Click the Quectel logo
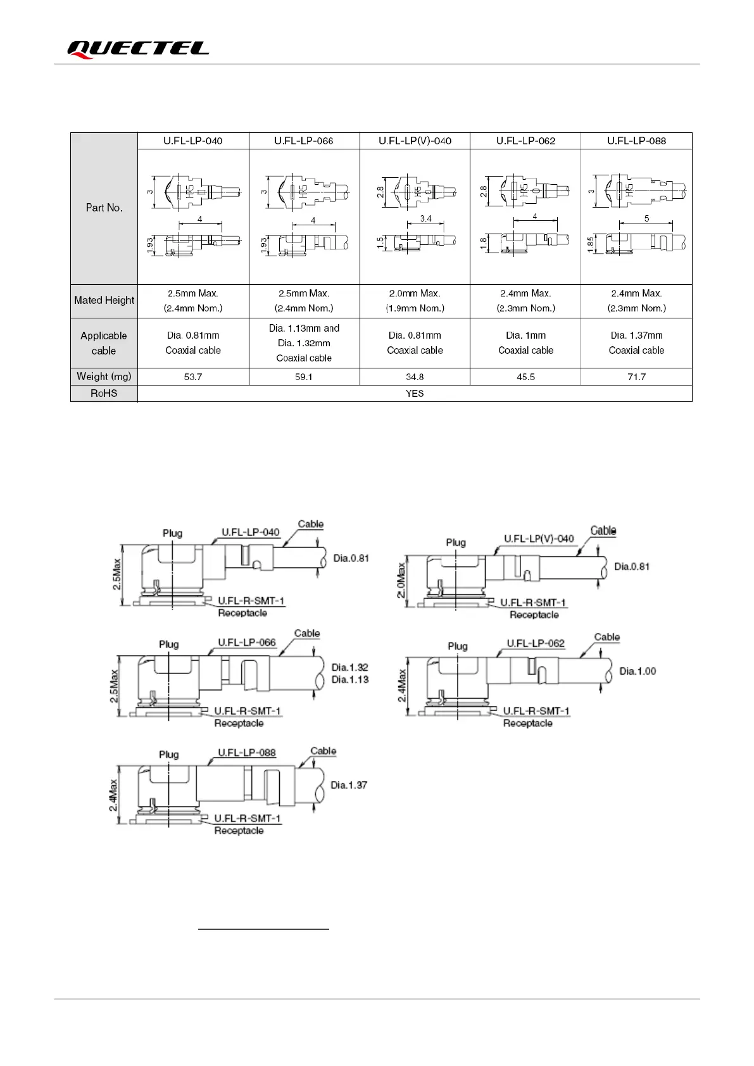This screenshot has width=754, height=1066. click(138, 49)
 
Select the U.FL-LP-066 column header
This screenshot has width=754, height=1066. click(304, 141)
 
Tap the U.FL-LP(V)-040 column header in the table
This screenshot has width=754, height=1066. click(415, 141)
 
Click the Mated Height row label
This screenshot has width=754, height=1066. click(104, 300)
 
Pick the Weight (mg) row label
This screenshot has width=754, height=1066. click(104, 376)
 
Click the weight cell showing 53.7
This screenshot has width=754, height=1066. click(193, 377)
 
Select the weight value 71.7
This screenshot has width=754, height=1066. click(636, 377)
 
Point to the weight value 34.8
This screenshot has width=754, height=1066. click(415, 377)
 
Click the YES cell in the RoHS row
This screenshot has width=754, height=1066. click(415, 393)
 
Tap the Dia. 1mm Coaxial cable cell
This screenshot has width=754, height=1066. click(525, 342)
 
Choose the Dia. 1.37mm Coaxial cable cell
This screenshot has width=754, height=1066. click(636, 342)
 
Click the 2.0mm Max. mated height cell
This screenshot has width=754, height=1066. click(415, 301)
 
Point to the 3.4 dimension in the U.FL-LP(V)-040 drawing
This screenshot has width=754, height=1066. click(425, 218)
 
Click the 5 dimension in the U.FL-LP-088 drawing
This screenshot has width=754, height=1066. click(646, 218)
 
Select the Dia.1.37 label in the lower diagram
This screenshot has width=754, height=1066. click(349, 785)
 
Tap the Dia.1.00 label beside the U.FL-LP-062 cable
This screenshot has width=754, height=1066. click(638, 671)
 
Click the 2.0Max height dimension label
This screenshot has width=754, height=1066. click(401, 580)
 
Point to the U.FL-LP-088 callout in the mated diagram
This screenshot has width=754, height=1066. click(247, 753)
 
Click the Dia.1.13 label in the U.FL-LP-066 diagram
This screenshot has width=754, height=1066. click(350, 679)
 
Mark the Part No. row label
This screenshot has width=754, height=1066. click(104, 208)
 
